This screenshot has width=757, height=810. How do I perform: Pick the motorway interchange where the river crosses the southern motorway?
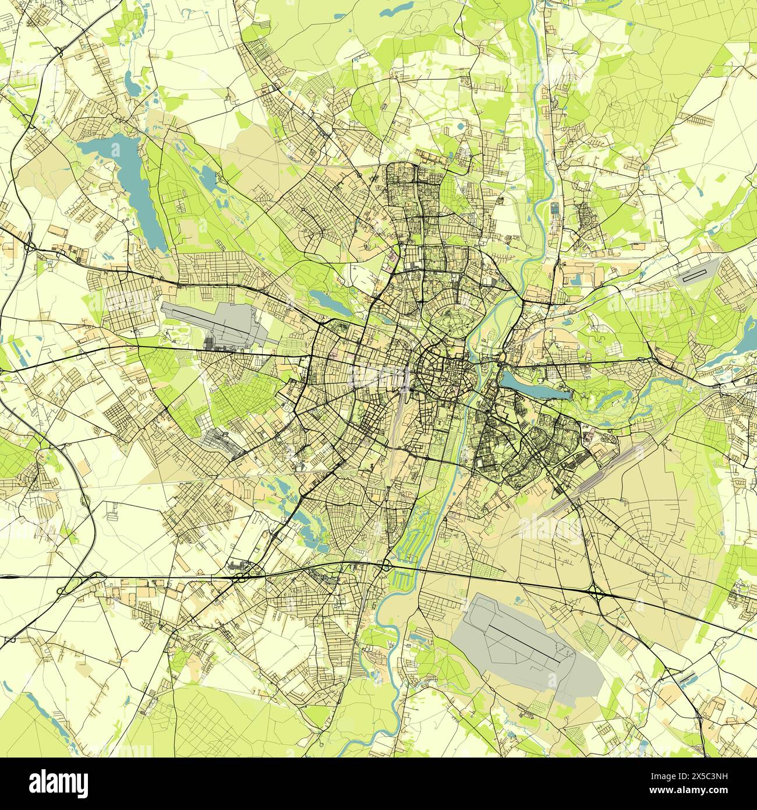click(385, 564)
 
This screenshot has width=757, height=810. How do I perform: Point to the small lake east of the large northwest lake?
click(207, 175)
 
